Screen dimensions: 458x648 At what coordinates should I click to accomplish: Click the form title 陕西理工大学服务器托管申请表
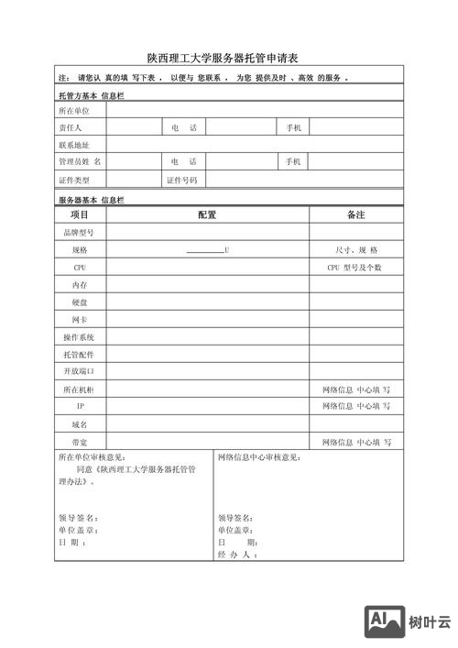tap(228, 57)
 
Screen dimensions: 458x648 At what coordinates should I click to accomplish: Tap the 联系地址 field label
tap(75, 145)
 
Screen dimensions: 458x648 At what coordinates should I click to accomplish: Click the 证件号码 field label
tap(181, 180)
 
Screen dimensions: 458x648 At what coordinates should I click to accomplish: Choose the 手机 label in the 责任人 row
tap(293, 127)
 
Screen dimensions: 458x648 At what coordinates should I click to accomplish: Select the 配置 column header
tap(207, 214)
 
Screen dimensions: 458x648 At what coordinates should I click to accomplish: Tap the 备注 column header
tap(355, 214)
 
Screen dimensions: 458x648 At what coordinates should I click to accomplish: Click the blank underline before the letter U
tap(204, 250)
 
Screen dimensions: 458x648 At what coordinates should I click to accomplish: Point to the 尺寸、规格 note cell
tap(356, 249)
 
